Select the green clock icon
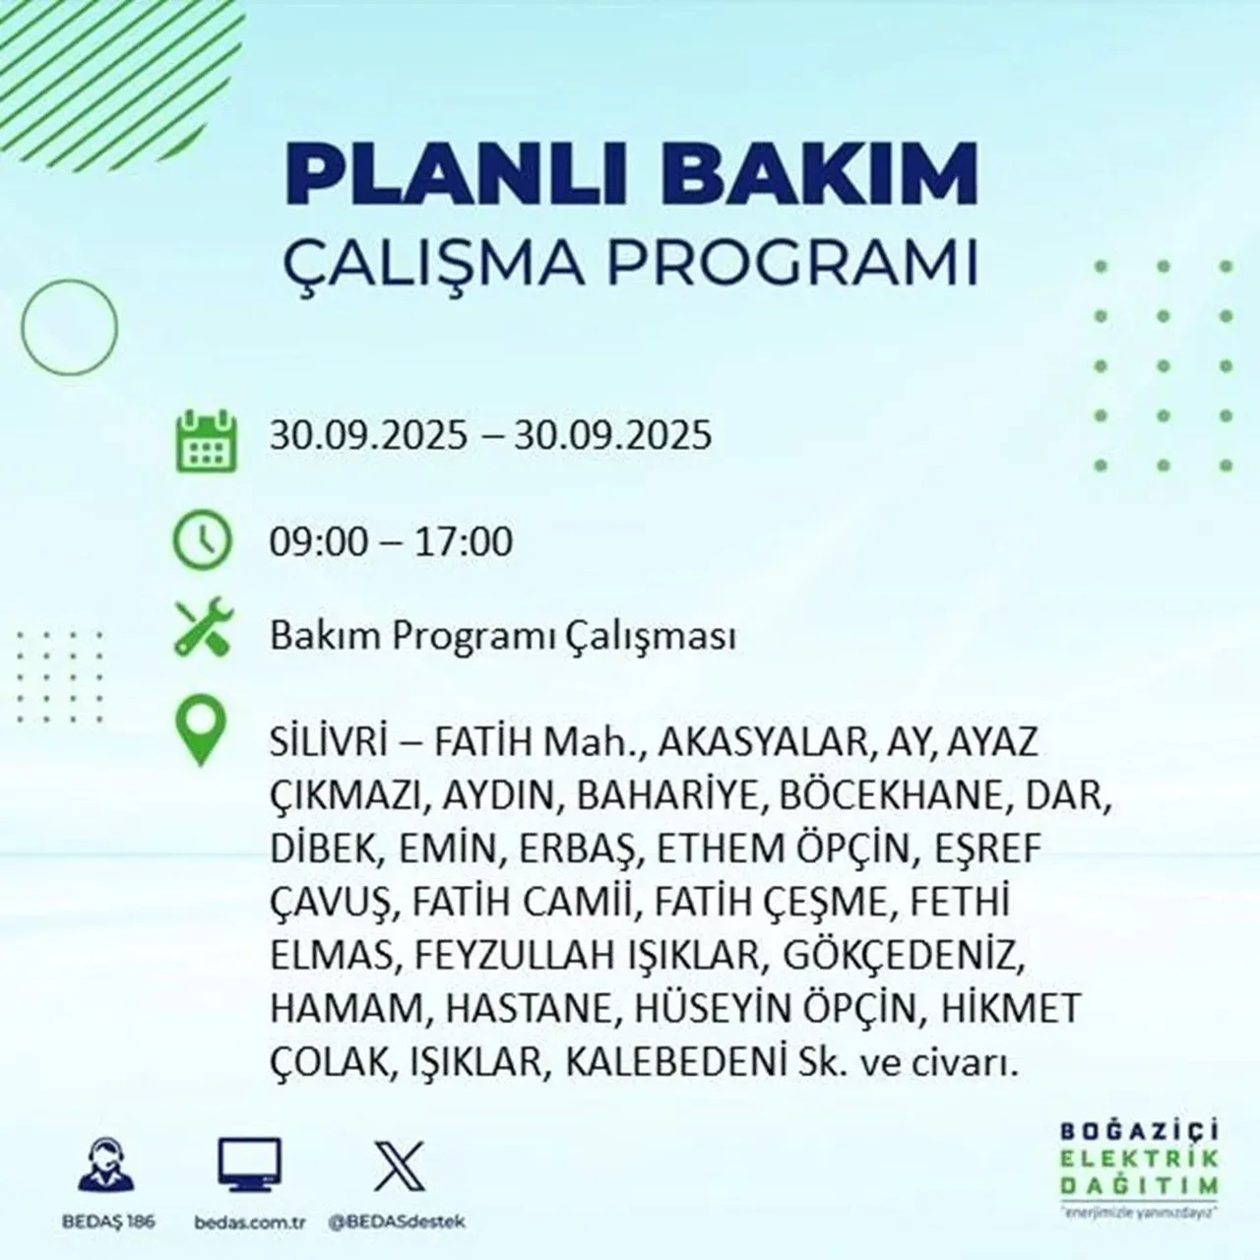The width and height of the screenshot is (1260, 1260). pyautogui.click(x=203, y=540)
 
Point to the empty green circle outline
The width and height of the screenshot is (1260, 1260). pyautogui.click(x=69, y=325)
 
